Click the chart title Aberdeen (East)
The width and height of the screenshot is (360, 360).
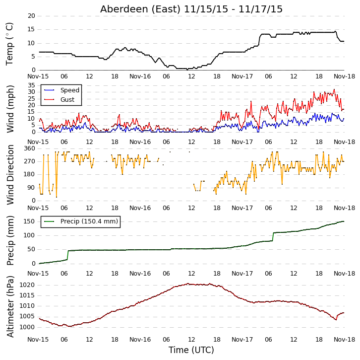(140, 9)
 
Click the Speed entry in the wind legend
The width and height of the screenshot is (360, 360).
(70, 90)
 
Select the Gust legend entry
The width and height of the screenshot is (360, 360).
(67, 99)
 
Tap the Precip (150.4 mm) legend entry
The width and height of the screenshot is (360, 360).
(89, 221)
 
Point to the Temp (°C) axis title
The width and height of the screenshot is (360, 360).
(9, 44)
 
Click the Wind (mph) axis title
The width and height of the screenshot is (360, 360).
(10, 109)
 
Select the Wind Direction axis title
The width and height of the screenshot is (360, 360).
(10, 175)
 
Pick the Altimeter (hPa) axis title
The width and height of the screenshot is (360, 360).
(10, 307)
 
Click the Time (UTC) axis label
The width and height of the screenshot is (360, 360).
(191, 350)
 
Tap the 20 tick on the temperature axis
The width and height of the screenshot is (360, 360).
(31, 16)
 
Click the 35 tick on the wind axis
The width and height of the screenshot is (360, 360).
(31, 85)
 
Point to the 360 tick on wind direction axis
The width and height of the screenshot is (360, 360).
(30, 148)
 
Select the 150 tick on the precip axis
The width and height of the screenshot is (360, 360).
(30, 221)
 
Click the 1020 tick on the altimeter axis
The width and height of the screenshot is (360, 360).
(27, 285)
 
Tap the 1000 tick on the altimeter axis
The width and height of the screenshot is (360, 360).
(27, 327)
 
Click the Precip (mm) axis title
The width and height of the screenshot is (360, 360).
(10, 241)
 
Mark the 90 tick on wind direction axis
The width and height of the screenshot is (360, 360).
(31, 188)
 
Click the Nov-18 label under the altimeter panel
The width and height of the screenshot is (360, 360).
(344, 339)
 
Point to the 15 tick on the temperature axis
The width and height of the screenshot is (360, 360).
(31, 29)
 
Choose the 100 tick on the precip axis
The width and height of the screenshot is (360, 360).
(30, 235)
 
